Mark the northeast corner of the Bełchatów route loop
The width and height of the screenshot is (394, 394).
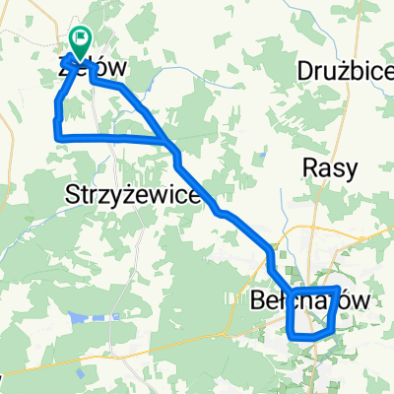pyautogui.click(x=339, y=290)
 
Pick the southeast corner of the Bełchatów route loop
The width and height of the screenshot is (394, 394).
pyautogui.click(x=330, y=334)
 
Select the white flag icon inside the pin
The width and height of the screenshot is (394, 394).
pyautogui.click(x=79, y=40)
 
